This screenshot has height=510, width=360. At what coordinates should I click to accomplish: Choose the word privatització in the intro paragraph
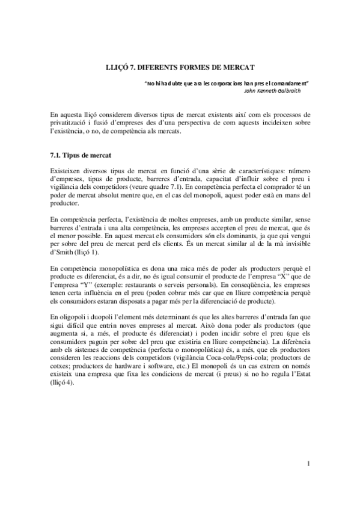pos(70,123)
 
